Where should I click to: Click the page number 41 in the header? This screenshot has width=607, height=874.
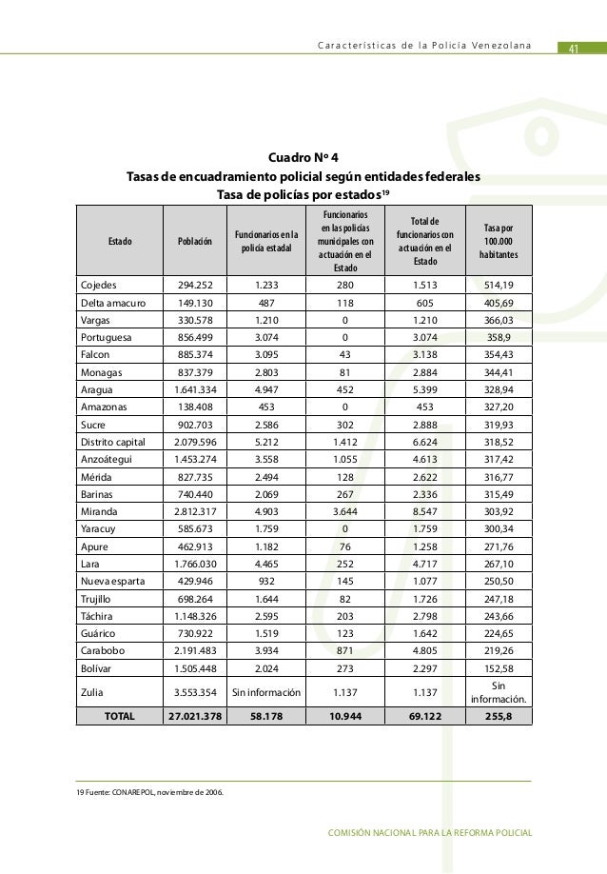point(574,50)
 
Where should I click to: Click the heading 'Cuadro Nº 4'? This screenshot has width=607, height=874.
point(303,157)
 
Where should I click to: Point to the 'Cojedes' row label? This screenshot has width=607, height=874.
point(99,284)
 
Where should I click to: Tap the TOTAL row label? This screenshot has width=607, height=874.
point(120,715)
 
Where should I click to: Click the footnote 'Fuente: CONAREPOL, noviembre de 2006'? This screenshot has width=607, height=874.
point(150,791)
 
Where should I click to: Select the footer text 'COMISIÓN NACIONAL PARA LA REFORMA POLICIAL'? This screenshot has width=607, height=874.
point(428,835)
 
